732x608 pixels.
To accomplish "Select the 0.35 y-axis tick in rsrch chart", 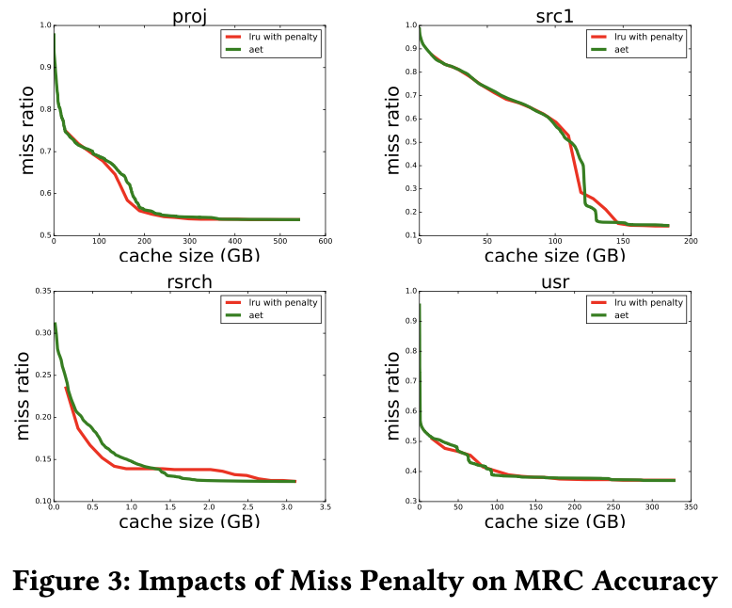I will tap(40, 292).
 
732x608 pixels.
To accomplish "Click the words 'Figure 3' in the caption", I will tap(73, 581).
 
